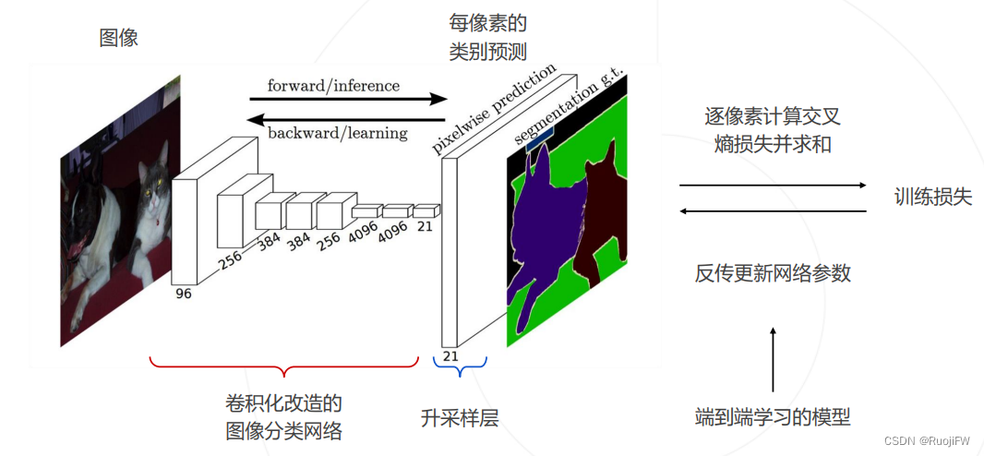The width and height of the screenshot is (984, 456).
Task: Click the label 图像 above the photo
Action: point(119,39)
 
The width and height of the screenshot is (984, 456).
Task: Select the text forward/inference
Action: point(333,86)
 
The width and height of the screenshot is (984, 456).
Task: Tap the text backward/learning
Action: point(337,133)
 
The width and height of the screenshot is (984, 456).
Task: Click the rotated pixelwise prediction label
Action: point(494,108)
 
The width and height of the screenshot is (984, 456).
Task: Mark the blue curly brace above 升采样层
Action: point(460,369)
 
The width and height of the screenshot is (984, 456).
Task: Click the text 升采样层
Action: point(460,418)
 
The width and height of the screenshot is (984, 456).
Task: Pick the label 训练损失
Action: point(932,197)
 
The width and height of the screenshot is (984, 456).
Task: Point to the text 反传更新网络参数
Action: point(773,273)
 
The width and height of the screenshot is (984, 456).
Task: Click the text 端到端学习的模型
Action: point(773,417)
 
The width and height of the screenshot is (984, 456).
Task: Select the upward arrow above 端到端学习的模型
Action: point(773,360)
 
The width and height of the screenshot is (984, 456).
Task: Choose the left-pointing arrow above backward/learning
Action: point(347,118)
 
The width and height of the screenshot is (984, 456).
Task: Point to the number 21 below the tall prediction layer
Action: point(450,355)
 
